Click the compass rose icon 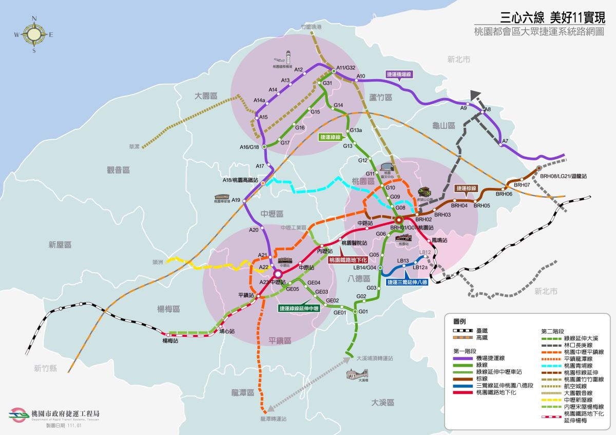point(34,34)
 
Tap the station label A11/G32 point(345,67)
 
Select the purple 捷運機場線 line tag point(399,74)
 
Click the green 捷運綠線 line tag point(330,137)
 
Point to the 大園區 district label point(206,96)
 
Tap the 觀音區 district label point(118,169)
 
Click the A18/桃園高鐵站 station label point(240,180)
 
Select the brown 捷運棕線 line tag point(467,188)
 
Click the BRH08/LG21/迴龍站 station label point(563,176)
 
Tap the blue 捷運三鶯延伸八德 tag point(407,282)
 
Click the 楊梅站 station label point(170,341)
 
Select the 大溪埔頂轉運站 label point(374,358)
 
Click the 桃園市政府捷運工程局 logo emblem point(18,415)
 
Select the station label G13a point(356,130)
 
